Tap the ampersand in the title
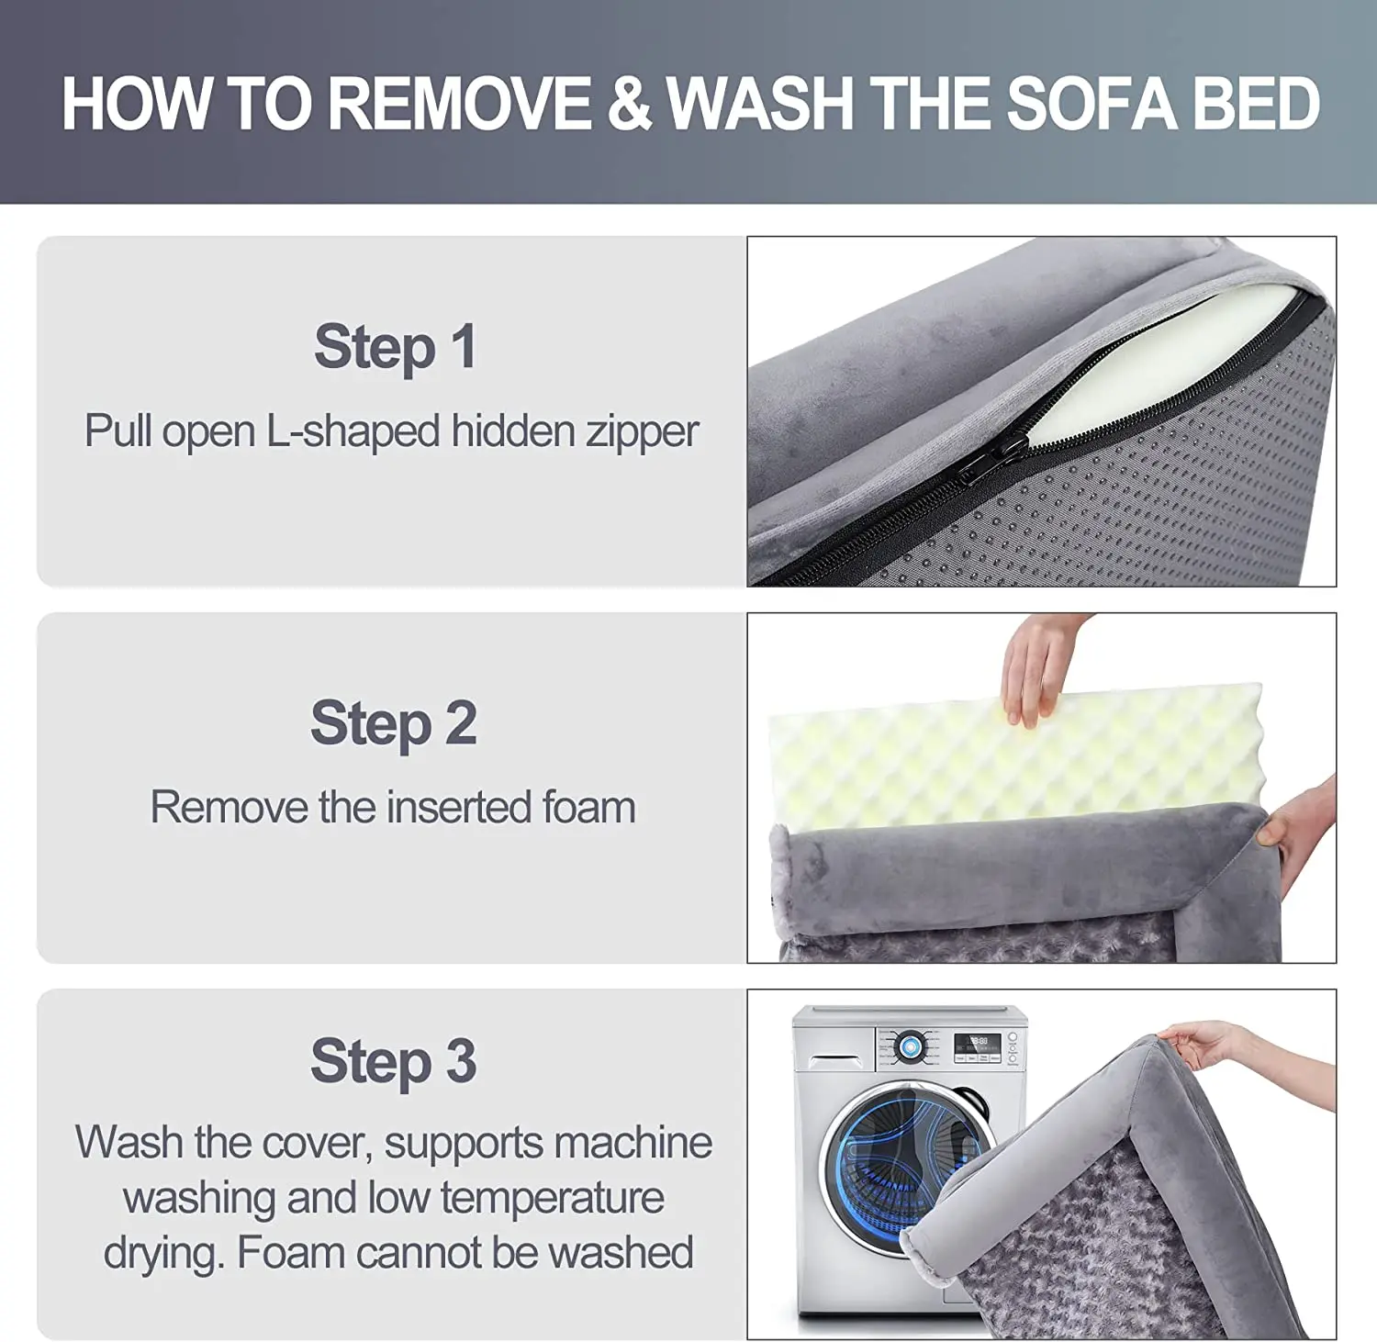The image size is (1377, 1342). pyautogui.click(x=629, y=103)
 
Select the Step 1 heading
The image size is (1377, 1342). pyautogui.click(x=395, y=347)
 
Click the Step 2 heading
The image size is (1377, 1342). pyautogui.click(x=394, y=723)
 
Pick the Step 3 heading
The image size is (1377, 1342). pyautogui.click(x=394, y=1061)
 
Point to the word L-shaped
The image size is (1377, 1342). pyautogui.click(x=353, y=431)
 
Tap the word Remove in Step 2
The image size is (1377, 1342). pyautogui.click(x=229, y=808)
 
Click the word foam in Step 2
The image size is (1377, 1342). pyautogui.click(x=588, y=808)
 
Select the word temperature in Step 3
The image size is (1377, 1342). pyautogui.click(x=553, y=1199)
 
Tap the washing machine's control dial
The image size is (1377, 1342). pyautogui.click(x=911, y=1046)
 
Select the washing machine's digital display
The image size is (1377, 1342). pyautogui.click(x=977, y=1044)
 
